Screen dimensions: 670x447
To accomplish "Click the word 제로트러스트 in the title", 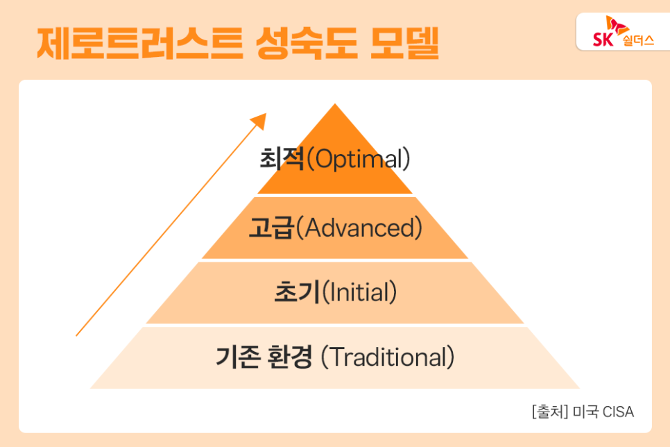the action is click(x=140, y=43).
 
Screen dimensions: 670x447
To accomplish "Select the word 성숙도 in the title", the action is click(x=307, y=43).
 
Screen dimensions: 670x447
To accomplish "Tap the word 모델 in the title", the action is click(x=404, y=43).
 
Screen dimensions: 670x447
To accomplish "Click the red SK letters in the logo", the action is click(x=603, y=40).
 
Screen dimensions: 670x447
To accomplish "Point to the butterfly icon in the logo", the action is click(x=617, y=25).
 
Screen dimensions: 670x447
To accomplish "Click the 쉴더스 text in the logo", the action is click(x=638, y=40).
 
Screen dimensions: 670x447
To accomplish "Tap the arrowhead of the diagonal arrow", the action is click(x=259, y=121).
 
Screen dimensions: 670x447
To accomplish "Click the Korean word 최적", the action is click(x=282, y=158).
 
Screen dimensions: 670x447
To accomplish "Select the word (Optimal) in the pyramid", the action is click(x=359, y=159).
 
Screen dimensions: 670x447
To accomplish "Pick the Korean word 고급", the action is click(x=272, y=227).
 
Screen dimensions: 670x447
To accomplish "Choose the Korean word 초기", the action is click(x=297, y=292).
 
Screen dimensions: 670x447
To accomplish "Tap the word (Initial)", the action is click(x=359, y=292).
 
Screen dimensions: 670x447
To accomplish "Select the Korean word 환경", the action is click(x=290, y=357).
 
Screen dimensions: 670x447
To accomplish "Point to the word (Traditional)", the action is click(x=388, y=357).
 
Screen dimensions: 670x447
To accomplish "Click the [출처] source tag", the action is click(x=550, y=412).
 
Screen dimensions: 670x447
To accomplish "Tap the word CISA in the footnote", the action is click(x=618, y=412).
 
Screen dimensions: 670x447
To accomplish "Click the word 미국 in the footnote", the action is click(x=585, y=412).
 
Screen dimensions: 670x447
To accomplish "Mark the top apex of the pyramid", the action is click(x=335, y=104).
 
